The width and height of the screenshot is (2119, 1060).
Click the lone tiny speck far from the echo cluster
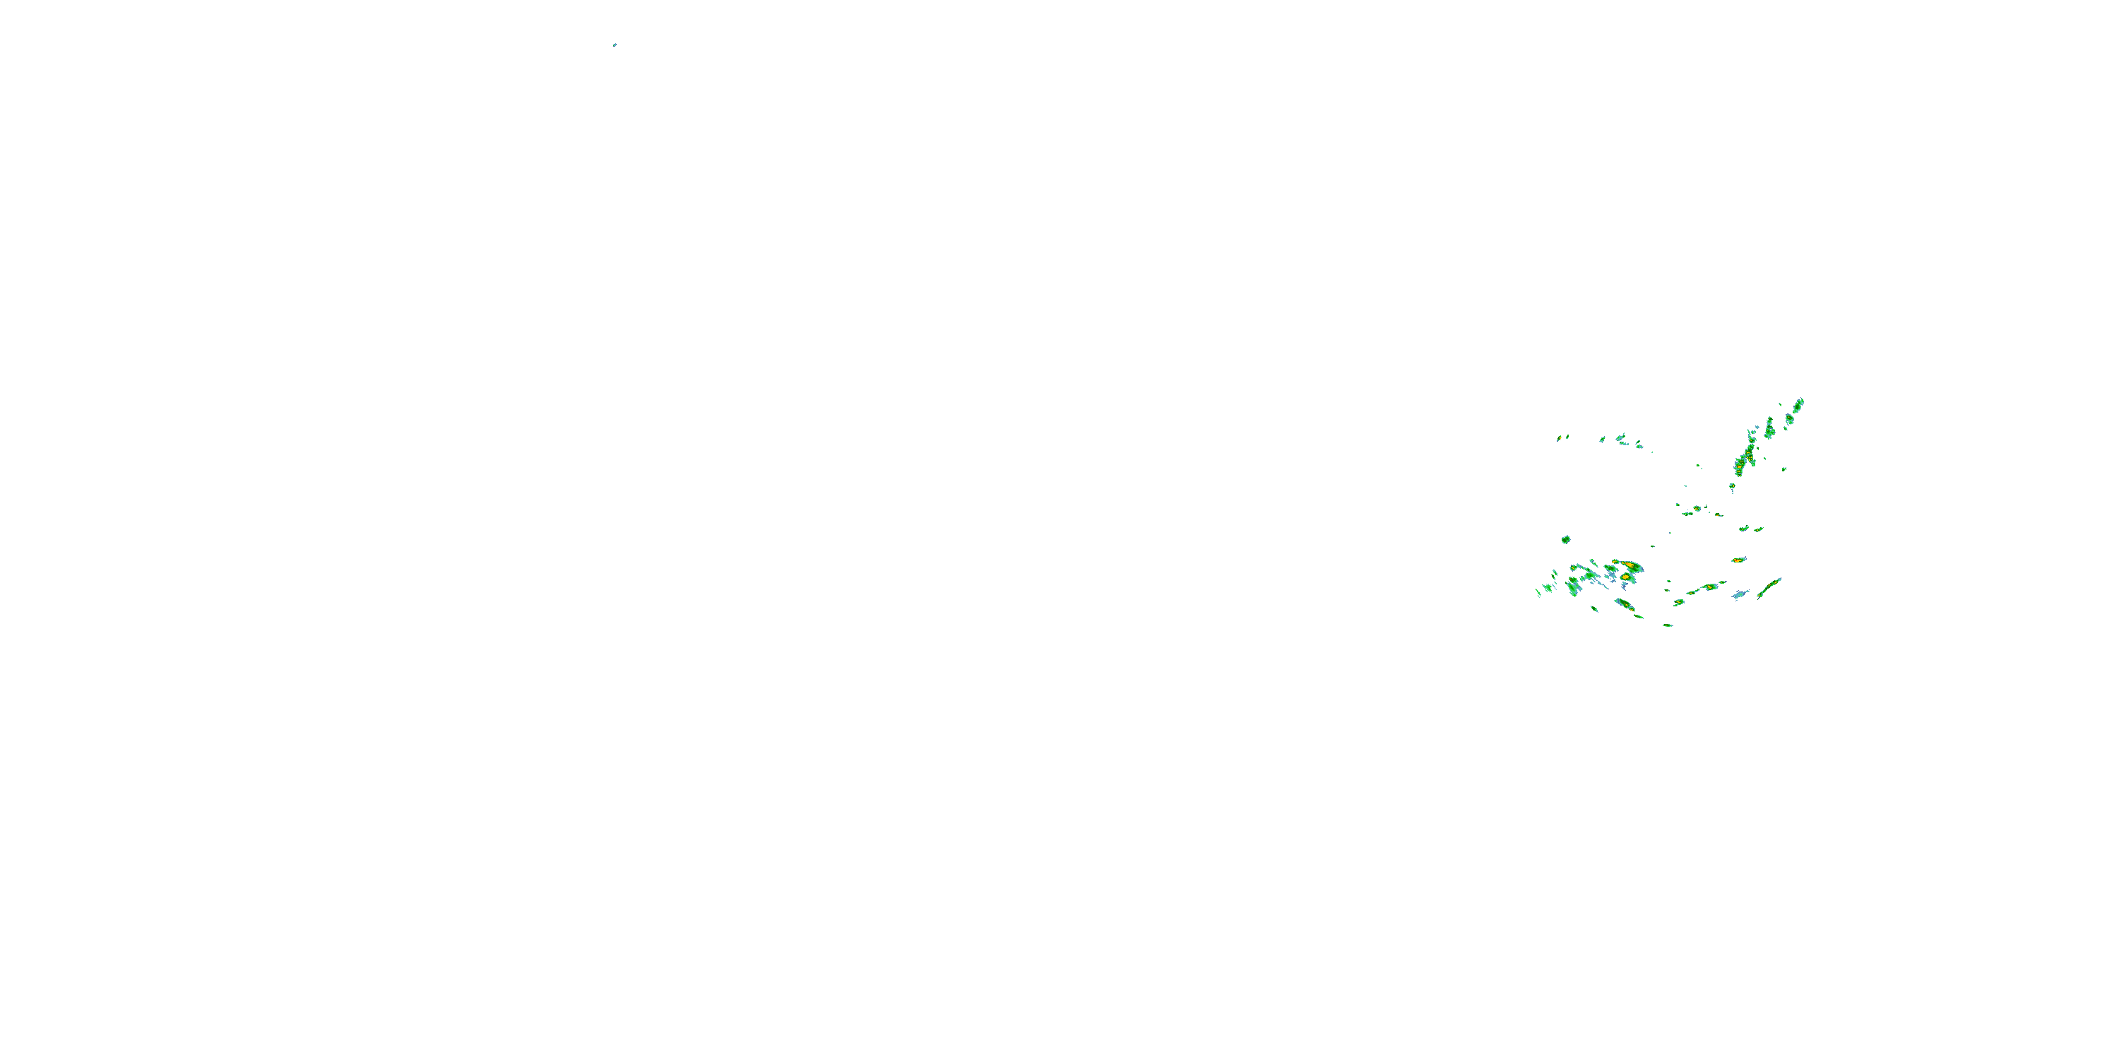(615, 45)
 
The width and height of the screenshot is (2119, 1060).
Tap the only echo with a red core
(1738, 560)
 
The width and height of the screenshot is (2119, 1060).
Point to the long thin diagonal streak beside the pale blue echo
(1769, 588)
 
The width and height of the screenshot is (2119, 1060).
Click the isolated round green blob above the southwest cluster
(1565, 540)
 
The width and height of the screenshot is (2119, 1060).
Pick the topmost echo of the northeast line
(1799, 404)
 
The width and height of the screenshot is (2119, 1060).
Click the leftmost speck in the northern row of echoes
(1559, 438)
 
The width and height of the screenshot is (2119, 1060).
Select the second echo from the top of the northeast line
(1789, 419)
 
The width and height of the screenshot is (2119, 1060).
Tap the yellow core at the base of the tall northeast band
(1739, 467)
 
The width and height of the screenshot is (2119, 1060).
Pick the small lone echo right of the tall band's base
(1784, 469)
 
